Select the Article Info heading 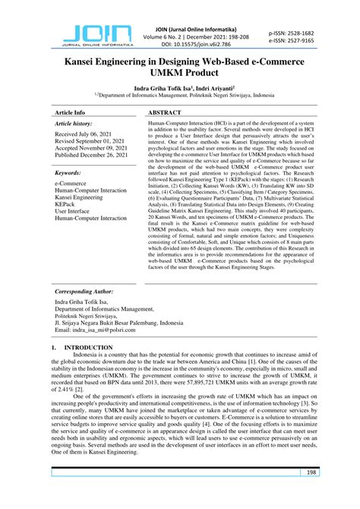point(74,111)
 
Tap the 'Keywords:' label point(68,173)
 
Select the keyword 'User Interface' point(73,212)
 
